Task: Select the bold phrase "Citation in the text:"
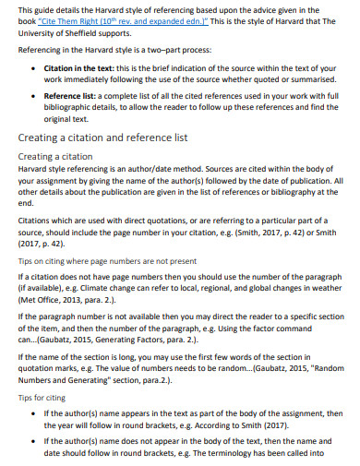[82, 69]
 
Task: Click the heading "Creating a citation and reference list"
[102, 137]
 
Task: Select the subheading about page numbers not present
[93, 259]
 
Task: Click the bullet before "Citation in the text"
[34, 70]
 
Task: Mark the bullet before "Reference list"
[34, 95]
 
